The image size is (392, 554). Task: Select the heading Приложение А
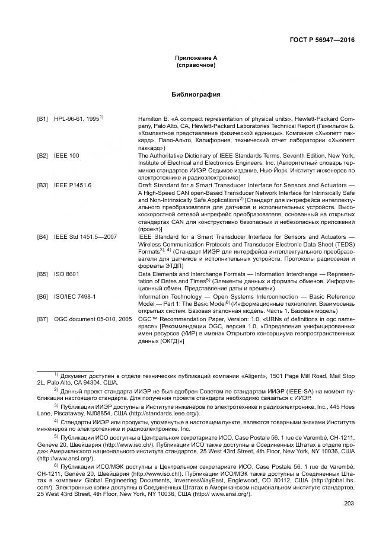pyautogui.click(x=196, y=58)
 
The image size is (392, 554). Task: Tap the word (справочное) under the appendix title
pyautogui.click(x=196, y=65)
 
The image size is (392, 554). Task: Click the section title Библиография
pyautogui.click(x=196, y=94)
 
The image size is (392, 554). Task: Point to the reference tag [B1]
pyautogui.click(x=42, y=119)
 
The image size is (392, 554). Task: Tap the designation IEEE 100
pyautogui.click(x=66, y=156)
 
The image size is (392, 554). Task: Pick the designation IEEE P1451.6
pyautogui.click(x=73, y=185)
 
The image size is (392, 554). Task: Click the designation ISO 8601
pyautogui.click(x=66, y=275)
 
